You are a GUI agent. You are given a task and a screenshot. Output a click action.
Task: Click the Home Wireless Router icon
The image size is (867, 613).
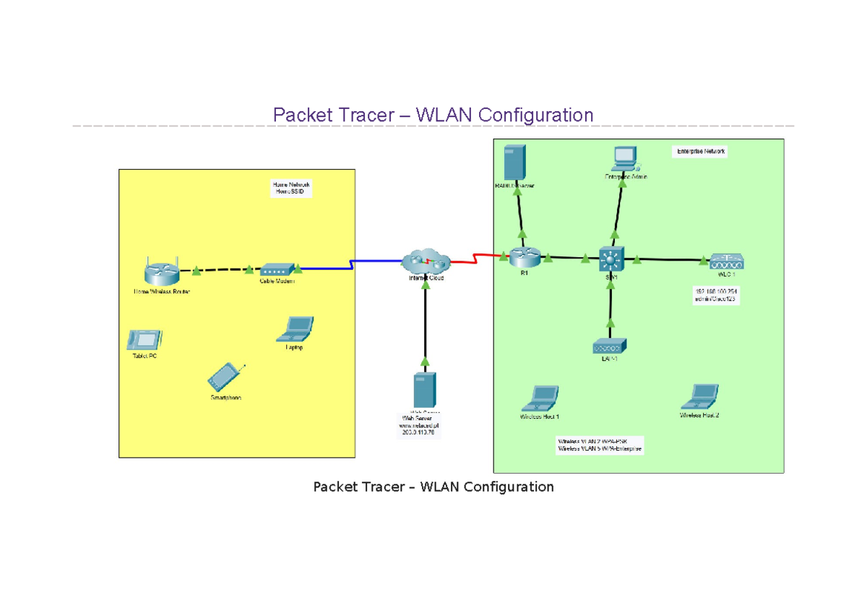[x=160, y=271]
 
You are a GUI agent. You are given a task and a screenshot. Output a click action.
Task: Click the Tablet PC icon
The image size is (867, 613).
[x=144, y=339]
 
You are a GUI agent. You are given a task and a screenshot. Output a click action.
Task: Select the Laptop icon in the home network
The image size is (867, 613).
[x=295, y=329]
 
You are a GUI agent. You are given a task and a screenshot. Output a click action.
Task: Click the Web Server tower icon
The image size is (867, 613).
[x=423, y=390]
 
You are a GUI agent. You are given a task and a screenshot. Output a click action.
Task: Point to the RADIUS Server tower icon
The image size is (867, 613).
[x=514, y=162]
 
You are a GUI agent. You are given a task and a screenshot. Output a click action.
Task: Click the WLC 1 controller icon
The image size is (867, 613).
[x=726, y=261]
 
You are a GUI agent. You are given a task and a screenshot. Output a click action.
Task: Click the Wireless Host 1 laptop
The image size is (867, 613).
[x=540, y=398]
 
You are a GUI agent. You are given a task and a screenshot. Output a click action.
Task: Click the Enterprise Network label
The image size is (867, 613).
[x=700, y=152]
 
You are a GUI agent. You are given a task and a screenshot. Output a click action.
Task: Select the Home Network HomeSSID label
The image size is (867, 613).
[x=290, y=188]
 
